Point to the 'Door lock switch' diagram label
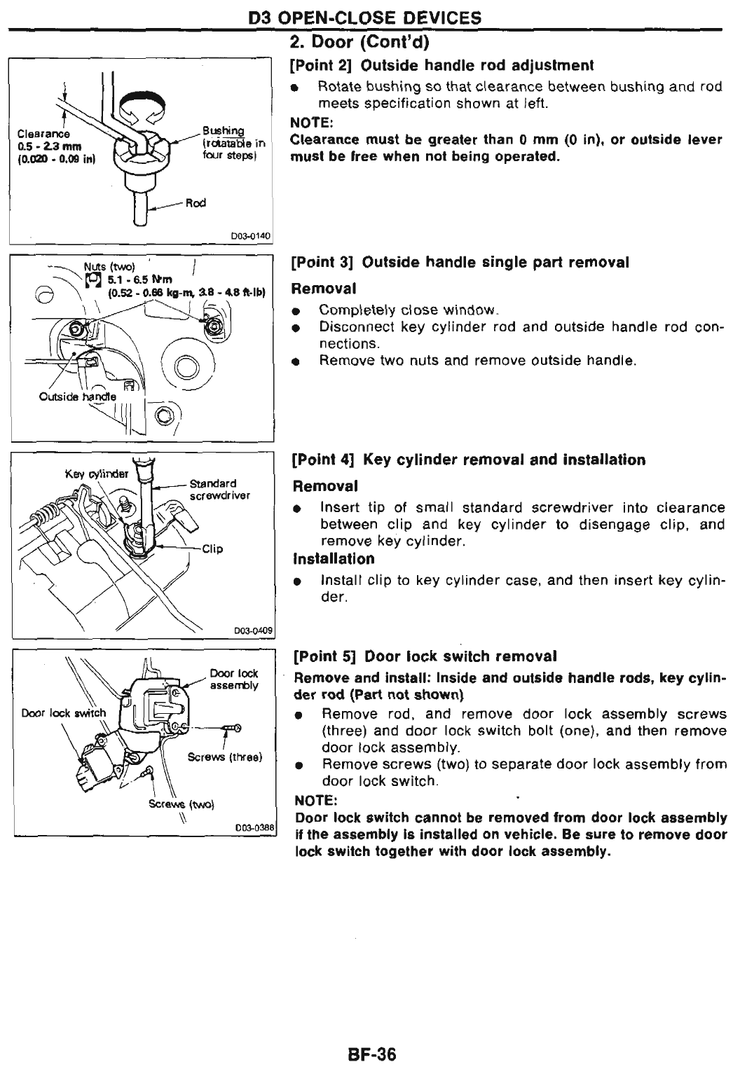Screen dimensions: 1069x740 (64, 713)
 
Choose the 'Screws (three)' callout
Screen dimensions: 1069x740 (224, 757)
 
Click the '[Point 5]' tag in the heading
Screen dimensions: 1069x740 (324, 656)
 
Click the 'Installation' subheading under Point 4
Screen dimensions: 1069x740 (334, 559)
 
